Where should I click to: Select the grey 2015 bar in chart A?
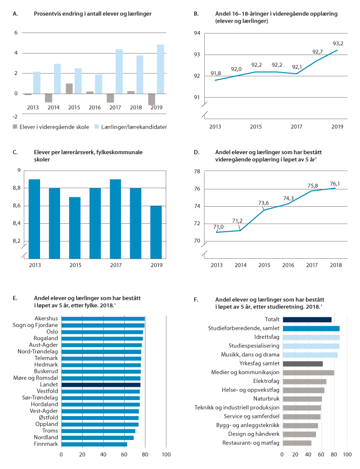(x=69, y=89)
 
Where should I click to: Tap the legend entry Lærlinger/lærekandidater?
(x=131, y=127)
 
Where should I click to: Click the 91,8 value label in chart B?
(x=216, y=74)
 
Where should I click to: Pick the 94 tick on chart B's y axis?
(x=197, y=33)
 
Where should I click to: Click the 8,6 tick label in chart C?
(x=16, y=206)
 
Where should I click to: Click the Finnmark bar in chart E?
(x=94, y=443)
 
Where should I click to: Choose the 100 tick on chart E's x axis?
(x=166, y=454)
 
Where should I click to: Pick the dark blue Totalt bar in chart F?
(x=307, y=319)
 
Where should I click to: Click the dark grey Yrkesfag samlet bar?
(x=302, y=363)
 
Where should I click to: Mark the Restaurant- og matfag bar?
(x=297, y=442)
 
